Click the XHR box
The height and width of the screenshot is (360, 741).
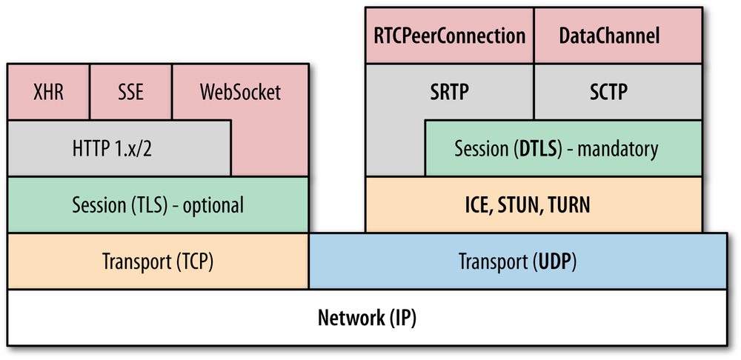[x=48, y=92]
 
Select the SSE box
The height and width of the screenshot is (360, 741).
[x=130, y=92]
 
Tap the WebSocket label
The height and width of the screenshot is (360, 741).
[x=240, y=93]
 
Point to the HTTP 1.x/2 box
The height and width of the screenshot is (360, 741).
[x=119, y=148]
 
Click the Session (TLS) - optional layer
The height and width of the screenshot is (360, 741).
[x=158, y=204]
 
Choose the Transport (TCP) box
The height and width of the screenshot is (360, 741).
[x=158, y=261]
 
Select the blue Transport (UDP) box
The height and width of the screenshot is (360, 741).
[x=517, y=261]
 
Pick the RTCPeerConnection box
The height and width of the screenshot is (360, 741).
[x=450, y=36]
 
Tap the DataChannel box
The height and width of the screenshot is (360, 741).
[x=618, y=36]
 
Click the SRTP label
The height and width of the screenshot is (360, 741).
[x=450, y=92]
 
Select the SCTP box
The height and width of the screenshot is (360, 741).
[x=618, y=92]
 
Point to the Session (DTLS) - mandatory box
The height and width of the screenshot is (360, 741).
[x=563, y=149]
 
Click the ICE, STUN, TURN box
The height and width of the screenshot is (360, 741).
[x=534, y=205]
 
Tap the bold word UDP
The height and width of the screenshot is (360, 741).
[x=557, y=261]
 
